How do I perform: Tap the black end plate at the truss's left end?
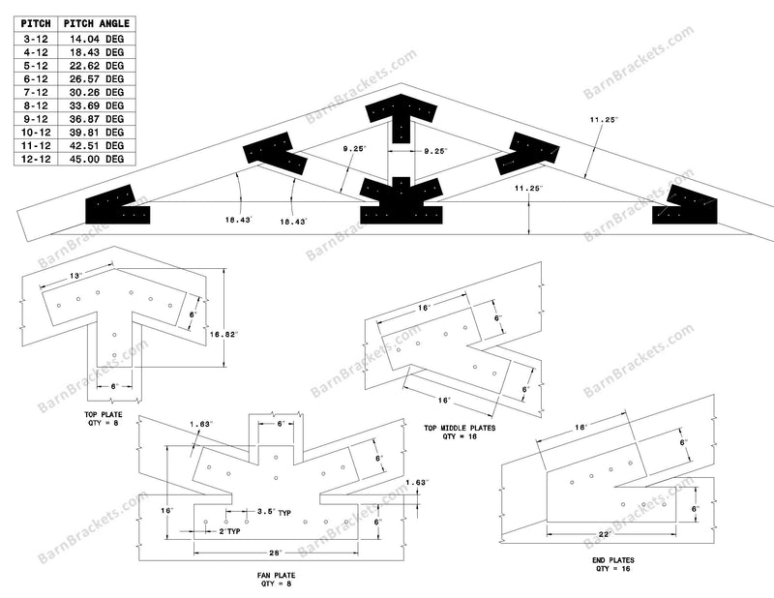(116, 205)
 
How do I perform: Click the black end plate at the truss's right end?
(686, 205)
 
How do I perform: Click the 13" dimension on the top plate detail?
(74, 277)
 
